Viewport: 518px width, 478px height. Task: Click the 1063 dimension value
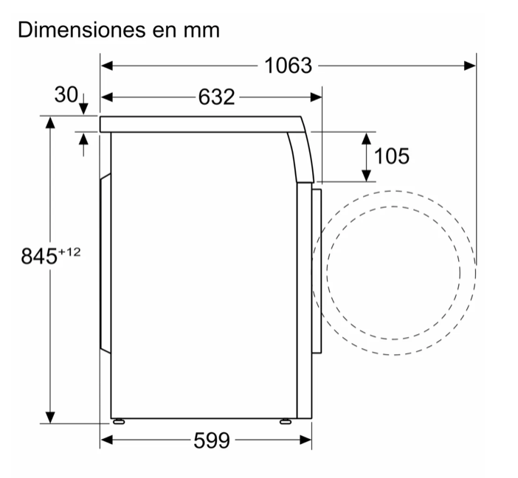coord(288,66)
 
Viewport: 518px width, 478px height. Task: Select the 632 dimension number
coord(216,97)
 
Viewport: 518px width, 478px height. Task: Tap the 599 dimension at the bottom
coord(212,440)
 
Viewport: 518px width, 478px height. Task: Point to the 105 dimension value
coord(392,156)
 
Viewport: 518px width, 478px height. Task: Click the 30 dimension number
coord(66,94)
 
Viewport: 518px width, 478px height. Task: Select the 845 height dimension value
coord(39,256)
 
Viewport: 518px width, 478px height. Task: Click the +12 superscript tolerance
coord(69,252)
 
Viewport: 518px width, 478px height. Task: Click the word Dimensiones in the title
coord(82,30)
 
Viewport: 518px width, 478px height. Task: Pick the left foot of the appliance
coord(118,421)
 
